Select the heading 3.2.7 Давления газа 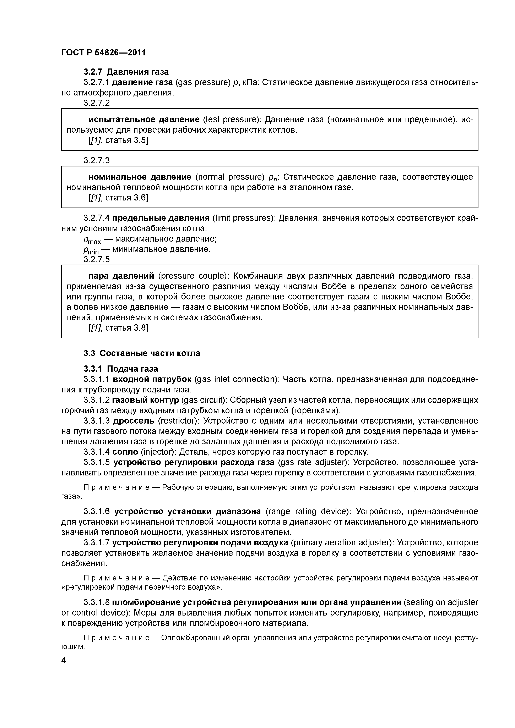tap(126, 72)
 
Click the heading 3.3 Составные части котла tap(142, 353)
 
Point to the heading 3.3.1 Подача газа tap(121, 368)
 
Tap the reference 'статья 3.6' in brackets tap(126, 198)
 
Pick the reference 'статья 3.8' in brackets tap(126, 327)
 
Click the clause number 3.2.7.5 tap(97, 260)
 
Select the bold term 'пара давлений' tap(121, 276)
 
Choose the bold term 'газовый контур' tap(146, 400)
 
